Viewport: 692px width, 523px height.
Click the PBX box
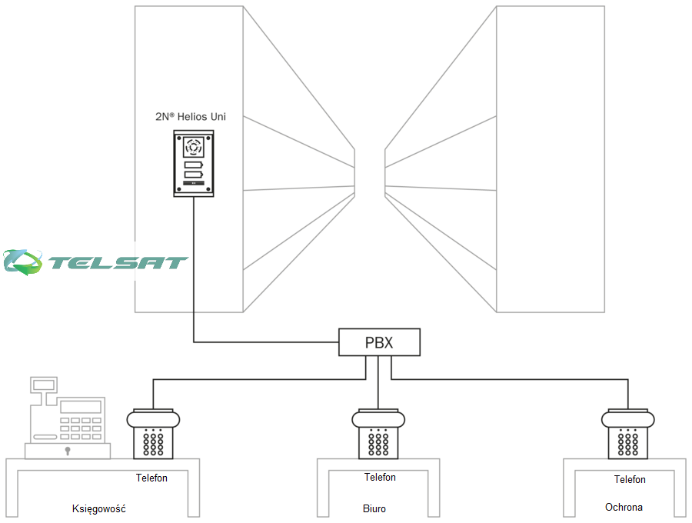pos(380,342)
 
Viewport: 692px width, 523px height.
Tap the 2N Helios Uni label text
pos(191,117)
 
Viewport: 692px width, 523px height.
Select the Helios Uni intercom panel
pos(193,163)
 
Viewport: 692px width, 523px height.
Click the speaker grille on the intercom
pos(193,146)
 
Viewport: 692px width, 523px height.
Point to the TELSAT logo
pos(96,261)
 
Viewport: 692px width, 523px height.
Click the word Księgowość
pos(98,509)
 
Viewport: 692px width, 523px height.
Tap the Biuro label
pos(374,509)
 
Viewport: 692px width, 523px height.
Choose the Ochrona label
pos(624,508)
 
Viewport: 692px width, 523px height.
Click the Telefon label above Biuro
pos(380,478)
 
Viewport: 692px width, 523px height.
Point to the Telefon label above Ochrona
pos(630,480)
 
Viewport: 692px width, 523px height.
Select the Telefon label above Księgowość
pos(151,478)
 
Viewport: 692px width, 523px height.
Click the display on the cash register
pos(82,406)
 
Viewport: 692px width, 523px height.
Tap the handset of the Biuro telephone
pos(379,419)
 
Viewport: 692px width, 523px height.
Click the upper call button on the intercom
pos(193,165)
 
